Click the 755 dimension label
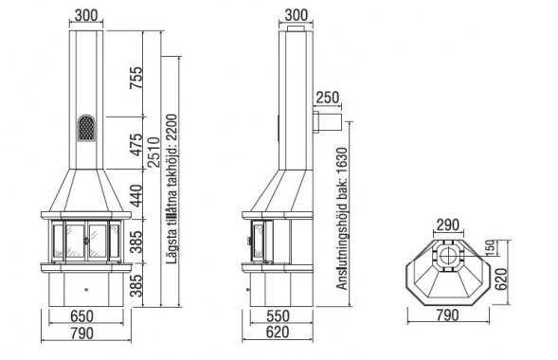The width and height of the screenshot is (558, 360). pyautogui.click(x=135, y=78)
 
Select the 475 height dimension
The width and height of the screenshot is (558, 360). pyautogui.click(x=135, y=145)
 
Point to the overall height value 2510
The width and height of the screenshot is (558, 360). pyautogui.click(x=154, y=152)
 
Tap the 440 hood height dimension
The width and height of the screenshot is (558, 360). pyautogui.click(x=135, y=196)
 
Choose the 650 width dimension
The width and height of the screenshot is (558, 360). pyautogui.click(x=81, y=315)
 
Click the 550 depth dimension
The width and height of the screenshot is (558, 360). pyautogui.click(x=278, y=315)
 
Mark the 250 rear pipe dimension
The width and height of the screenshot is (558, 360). pyautogui.click(x=328, y=98)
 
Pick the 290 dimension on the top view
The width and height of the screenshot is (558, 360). pyautogui.click(x=448, y=225)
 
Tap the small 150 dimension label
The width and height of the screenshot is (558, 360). pyautogui.click(x=490, y=248)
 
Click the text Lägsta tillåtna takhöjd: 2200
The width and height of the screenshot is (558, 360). pyautogui.click(x=171, y=189)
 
